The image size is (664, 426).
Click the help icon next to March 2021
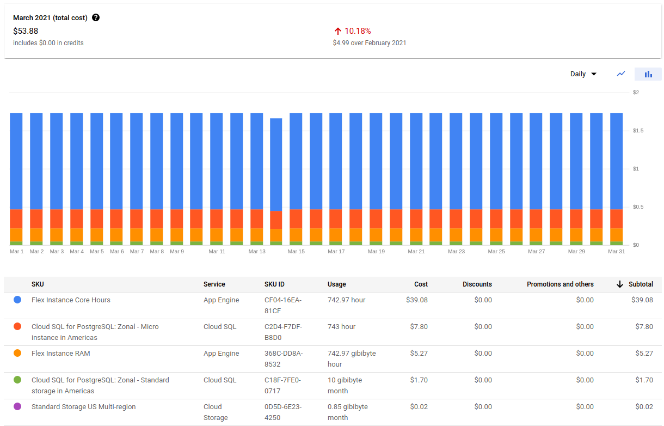pyautogui.click(x=96, y=17)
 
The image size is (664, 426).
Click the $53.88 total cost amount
pyautogui.click(x=26, y=31)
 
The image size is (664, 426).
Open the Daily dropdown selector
pyautogui.click(x=583, y=74)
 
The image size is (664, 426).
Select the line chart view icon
pyautogui.click(x=621, y=74)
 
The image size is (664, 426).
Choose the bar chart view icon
pyautogui.click(x=648, y=74)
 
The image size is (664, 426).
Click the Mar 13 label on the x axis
pyautogui.click(x=257, y=252)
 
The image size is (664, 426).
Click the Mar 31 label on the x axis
pyautogui.click(x=616, y=252)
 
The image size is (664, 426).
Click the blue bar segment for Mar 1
pyautogui.click(x=16, y=161)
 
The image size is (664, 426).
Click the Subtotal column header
pyautogui.click(x=641, y=284)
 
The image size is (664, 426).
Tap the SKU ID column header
pyautogui.click(x=274, y=284)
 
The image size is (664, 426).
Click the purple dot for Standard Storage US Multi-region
pyautogui.click(x=17, y=407)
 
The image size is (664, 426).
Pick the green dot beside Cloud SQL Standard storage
pyautogui.click(x=17, y=380)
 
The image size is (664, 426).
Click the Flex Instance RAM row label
pyautogui.click(x=61, y=354)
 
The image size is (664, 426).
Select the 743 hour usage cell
pyautogui.click(x=341, y=327)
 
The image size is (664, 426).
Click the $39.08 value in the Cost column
pyautogui.click(x=416, y=300)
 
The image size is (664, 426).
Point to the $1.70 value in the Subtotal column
pyautogui.click(x=644, y=380)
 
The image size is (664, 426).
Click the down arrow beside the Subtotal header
pyautogui.click(x=619, y=284)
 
